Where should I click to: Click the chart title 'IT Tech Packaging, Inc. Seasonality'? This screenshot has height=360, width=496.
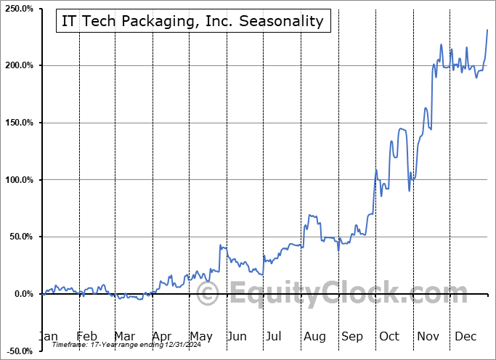point(193,21)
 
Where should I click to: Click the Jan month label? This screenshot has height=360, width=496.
point(47,337)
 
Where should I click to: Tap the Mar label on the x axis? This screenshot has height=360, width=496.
point(124,337)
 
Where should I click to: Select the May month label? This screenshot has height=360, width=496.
point(201,337)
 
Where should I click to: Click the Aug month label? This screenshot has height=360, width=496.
point(314,337)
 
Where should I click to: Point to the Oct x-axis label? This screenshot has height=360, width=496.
point(389,337)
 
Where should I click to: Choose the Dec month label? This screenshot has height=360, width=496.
point(465,337)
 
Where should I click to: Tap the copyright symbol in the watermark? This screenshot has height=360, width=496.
point(208,295)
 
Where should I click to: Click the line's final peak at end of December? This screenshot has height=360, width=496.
point(487,30)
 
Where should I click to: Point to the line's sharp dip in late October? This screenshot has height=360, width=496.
point(409,190)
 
